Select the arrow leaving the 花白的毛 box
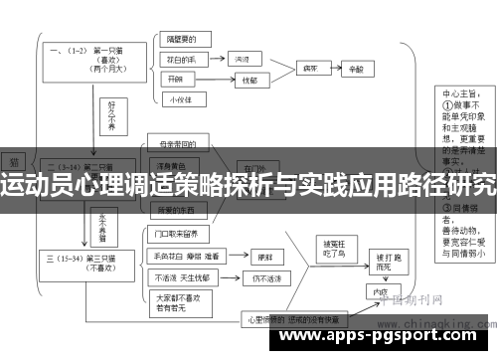220,60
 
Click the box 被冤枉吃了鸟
329,249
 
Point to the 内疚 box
379,293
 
